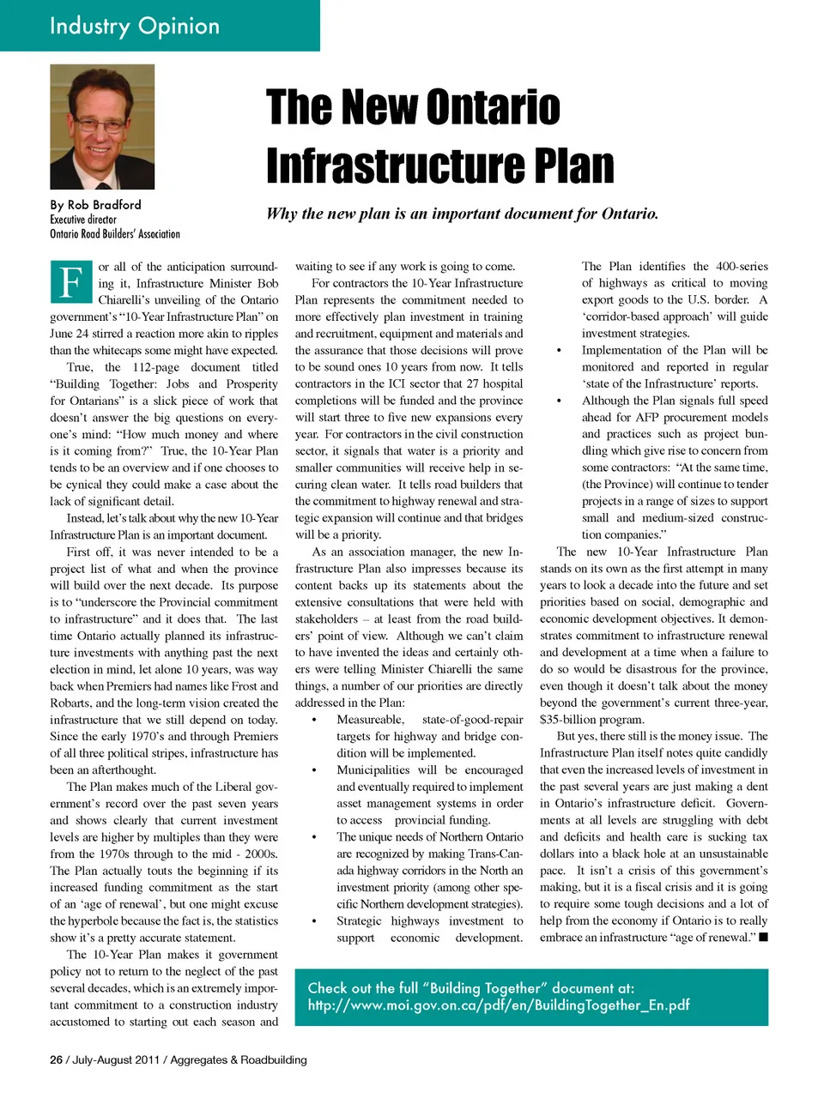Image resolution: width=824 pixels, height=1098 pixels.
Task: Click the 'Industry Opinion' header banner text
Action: click(135, 26)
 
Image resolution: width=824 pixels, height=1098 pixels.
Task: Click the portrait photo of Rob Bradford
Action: click(102, 127)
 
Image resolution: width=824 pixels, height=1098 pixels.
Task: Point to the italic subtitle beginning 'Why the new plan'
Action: click(462, 214)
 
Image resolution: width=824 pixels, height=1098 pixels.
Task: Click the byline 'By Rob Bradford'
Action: click(95, 204)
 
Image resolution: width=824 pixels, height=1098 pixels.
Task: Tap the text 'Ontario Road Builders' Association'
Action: click(115, 233)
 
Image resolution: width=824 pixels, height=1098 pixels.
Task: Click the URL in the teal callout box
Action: click(499, 1004)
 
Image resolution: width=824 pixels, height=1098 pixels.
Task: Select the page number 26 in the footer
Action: click(56, 1059)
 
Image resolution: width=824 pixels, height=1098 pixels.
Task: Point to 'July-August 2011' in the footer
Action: click(116, 1059)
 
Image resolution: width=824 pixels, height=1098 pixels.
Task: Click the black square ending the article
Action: click(763, 937)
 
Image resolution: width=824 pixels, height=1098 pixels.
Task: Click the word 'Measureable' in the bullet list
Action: click(370, 720)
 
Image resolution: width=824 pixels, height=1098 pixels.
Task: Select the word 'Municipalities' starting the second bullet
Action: click(373, 769)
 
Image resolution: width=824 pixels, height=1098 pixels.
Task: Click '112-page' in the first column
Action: click(155, 367)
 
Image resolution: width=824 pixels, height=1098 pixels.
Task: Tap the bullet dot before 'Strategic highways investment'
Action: click(314, 921)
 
